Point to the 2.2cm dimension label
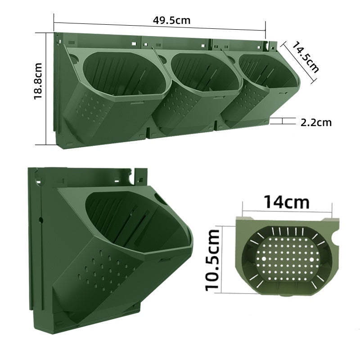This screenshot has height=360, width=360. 316,121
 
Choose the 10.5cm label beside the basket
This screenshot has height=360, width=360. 213,260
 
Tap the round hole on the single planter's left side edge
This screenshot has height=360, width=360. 40,220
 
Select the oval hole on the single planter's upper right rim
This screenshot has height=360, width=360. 161,198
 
